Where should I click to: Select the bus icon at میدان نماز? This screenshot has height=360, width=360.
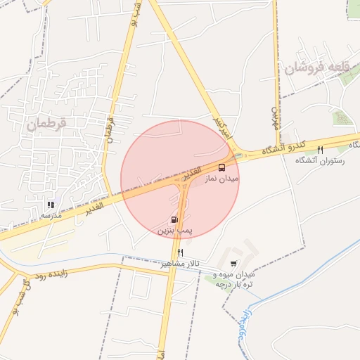222,167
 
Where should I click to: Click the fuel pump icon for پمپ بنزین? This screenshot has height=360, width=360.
174,219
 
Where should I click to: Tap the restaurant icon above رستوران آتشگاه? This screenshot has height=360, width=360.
321,150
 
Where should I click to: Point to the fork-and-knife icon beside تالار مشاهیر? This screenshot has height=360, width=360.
181,252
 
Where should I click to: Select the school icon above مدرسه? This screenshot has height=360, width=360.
51,205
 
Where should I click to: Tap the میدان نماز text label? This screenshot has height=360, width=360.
222,179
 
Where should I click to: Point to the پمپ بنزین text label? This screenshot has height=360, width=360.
174,230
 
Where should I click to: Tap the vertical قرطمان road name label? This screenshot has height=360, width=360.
110,127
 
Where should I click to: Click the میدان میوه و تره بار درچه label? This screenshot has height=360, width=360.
233,279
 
